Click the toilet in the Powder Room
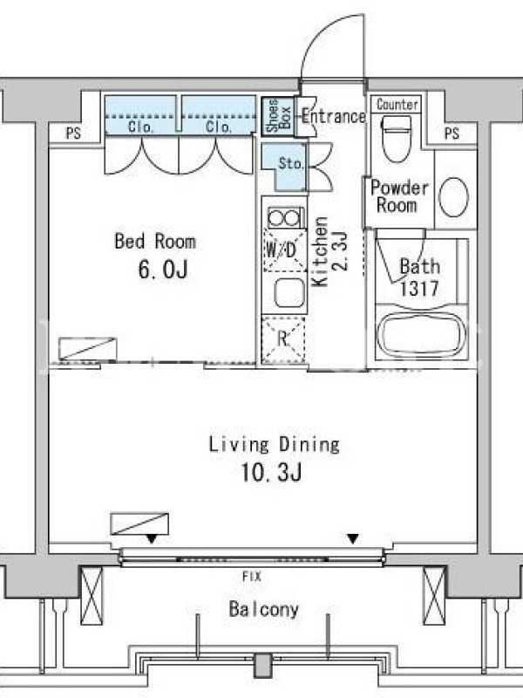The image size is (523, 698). point(397,139)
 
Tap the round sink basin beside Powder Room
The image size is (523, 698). point(453,197)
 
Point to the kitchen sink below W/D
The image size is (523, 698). point(290,293)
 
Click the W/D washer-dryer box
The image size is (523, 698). point(285,250)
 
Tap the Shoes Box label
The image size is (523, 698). point(278,116)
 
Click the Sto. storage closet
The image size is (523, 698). point(285,166)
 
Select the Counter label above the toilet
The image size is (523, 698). point(397,105)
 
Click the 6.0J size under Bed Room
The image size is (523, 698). point(163,270)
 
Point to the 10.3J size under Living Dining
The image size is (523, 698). point(271,472)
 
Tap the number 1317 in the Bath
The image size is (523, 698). point(419,289)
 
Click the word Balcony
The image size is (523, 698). point(263,609)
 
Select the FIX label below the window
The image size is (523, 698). point(252,577)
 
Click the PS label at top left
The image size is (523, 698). point(74,133)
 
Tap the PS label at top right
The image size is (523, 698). point(452,133)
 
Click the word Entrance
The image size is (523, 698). point(334,117)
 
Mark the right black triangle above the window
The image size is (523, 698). point(353,539)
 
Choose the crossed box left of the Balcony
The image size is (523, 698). point(92,596)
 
